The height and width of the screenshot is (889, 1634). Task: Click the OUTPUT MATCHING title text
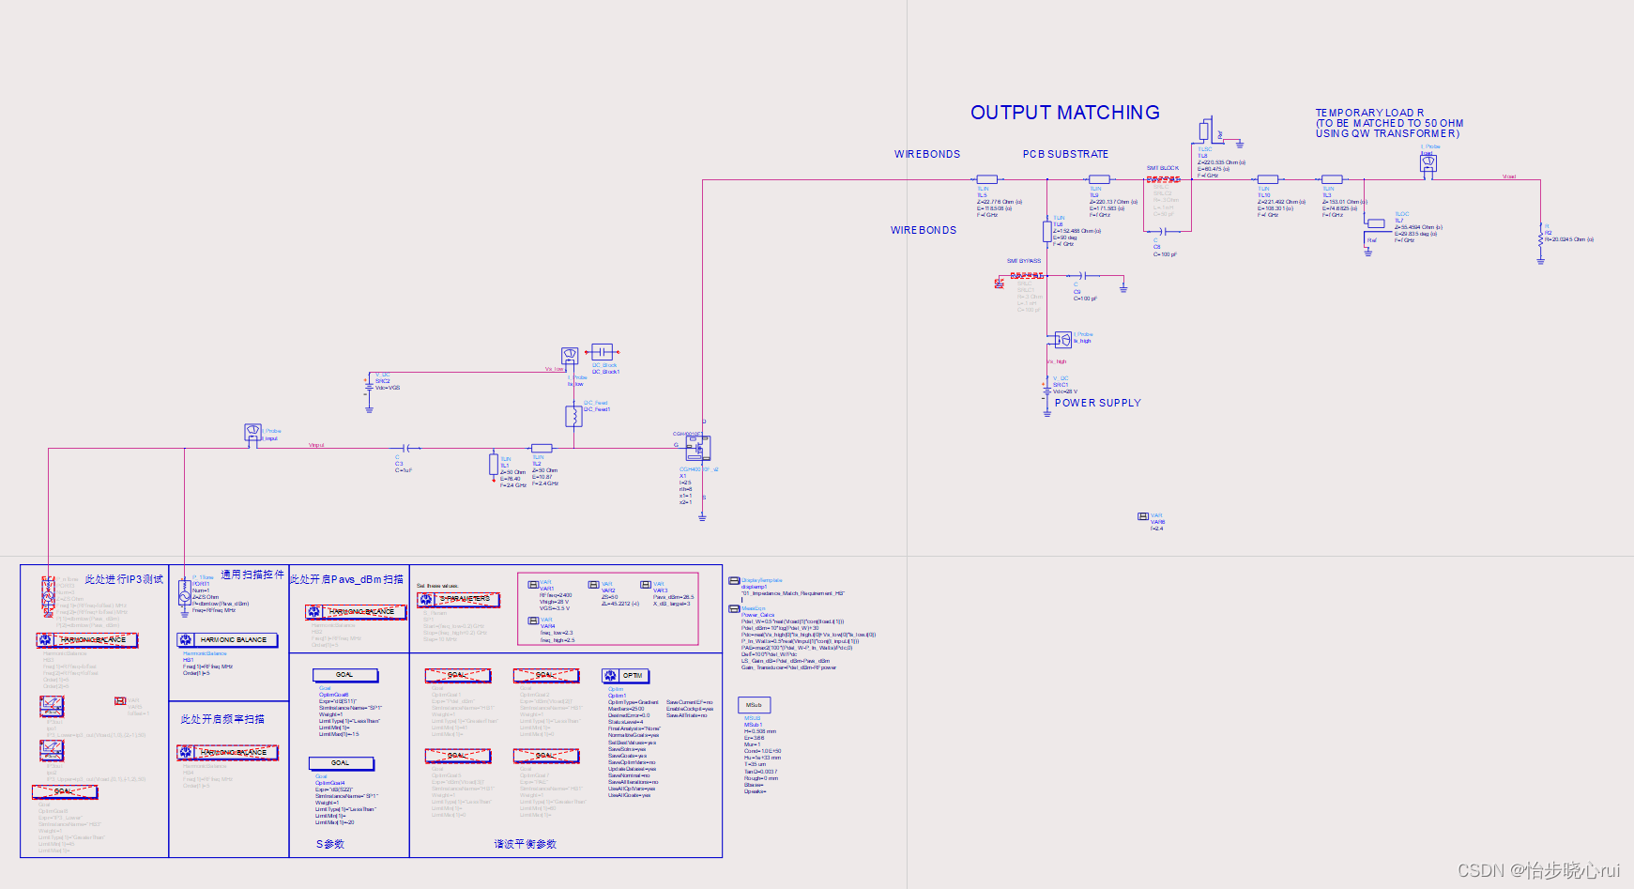[x=1064, y=113]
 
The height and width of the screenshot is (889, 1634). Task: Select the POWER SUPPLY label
[x=1097, y=403]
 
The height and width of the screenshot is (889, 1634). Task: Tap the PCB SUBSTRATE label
[x=1065, y=154]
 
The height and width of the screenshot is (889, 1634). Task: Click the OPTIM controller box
[x=626, y=676]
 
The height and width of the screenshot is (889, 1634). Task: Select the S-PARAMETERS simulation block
[x=458, y=599]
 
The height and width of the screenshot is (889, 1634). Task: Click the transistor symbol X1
[x=697, y=448]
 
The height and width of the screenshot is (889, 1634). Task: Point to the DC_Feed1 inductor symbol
[x=573, y=415]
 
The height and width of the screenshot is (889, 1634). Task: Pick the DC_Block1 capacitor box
[x=602, y=351]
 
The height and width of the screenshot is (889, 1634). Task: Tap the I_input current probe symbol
[x=252, y=431]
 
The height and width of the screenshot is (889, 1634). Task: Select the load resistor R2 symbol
[x=1540, y=238]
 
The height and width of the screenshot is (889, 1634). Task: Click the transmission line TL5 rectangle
[x=986, y=179]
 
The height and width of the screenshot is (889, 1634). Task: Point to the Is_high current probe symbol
[x=1062, y=338]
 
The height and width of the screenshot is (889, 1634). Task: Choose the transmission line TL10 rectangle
[x=1268, y=179]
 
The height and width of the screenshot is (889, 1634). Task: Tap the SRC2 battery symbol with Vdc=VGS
[x=369, y=385]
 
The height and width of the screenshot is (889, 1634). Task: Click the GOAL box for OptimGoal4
[x=341, y=763]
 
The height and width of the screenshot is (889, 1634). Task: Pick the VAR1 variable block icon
[x=533, y=584]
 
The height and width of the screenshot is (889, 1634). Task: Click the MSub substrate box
[x=754, y=705]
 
